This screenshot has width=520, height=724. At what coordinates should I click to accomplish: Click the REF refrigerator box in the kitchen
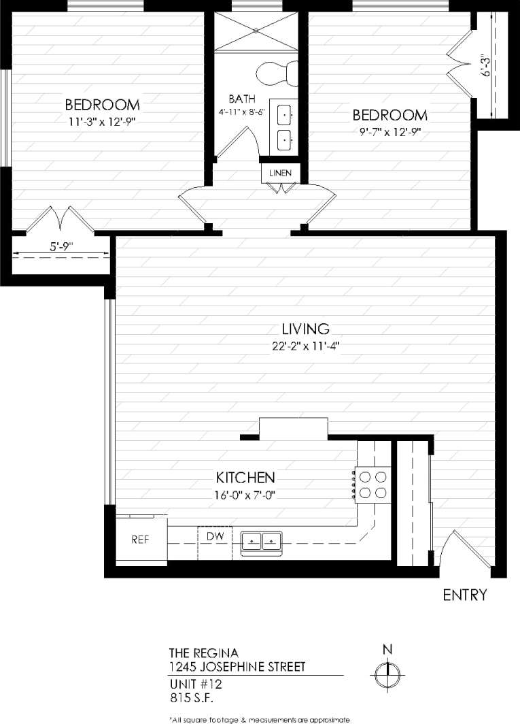141,540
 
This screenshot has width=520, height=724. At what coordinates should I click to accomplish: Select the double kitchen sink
262,542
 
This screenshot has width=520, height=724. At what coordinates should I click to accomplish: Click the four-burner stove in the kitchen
372,484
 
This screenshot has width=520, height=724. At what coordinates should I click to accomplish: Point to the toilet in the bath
278,73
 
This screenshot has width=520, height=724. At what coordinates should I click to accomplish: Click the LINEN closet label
280,173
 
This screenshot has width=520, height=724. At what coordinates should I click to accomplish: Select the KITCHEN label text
245,477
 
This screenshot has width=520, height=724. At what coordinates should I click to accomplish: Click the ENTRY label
465,595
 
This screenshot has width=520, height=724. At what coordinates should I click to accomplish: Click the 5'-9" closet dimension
62,248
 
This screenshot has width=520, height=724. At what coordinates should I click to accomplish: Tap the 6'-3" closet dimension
484,65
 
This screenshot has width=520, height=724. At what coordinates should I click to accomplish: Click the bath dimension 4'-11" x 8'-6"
242,112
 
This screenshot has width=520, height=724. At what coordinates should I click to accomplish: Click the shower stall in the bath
256,31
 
